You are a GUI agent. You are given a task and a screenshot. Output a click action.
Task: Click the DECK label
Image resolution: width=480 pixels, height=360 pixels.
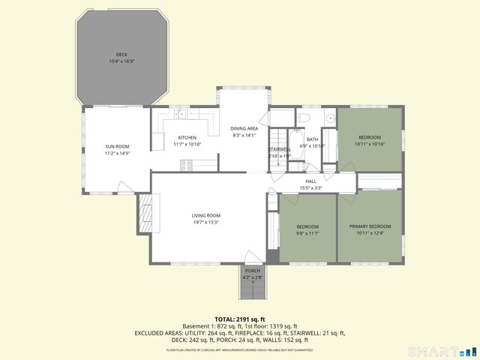(x=121, y=54)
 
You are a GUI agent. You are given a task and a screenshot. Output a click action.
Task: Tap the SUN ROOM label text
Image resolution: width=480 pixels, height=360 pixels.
(x=116, y=146)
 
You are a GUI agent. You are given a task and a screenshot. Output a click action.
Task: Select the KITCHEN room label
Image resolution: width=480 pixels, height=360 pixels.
(x=187, y=137)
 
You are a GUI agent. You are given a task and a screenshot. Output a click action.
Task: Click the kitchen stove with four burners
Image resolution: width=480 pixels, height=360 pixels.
(x=186, y=166)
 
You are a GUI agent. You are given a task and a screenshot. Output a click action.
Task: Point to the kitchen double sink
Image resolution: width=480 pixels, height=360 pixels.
(x=181, y=115)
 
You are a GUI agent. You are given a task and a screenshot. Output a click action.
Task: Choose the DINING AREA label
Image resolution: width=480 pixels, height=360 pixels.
(x=244, y=128)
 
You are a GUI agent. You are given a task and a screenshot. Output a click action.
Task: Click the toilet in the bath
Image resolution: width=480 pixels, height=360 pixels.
(x=304, y=118)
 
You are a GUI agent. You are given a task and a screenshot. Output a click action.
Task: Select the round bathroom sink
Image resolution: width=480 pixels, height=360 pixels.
(x=329, y=118)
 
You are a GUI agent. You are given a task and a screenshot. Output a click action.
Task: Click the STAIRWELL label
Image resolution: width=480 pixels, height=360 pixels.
(x=280, y=149)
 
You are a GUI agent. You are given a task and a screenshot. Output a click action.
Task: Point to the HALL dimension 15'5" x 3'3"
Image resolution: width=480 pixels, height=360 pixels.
(x=310, y=187)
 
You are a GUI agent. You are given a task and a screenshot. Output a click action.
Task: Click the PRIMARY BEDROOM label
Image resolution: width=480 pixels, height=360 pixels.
(x=370, y=226)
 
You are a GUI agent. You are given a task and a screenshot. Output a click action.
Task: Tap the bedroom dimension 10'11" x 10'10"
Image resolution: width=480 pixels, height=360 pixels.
(x=369, y=144)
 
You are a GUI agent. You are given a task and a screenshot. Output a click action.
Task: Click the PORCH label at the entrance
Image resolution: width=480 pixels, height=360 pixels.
(x=252, y=271)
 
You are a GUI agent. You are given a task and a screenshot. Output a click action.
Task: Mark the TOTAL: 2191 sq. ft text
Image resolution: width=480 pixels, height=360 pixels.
(x=239, y=319)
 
